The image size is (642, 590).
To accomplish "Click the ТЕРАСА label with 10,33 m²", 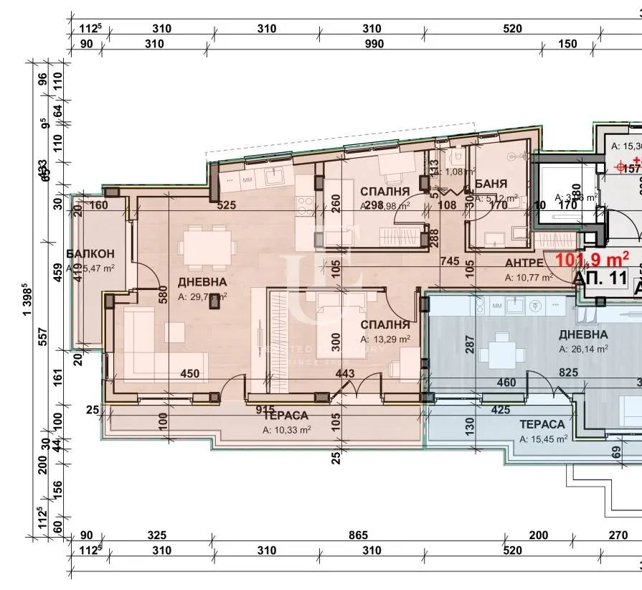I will pyautogui.click(x=285, y=416).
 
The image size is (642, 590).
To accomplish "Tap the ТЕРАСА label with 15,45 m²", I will pyautogui.click(x=543, y=424).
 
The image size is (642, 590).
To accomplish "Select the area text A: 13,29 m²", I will pyautogui.click(x=385, y=339).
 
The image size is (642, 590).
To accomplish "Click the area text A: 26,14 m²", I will pyautogui.click(x=583, y=349).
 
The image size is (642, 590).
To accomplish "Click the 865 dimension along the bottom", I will pyautogui.click(x=357, y=535).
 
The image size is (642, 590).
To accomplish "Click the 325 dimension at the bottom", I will pyautogui.click(x=156, y=535).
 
